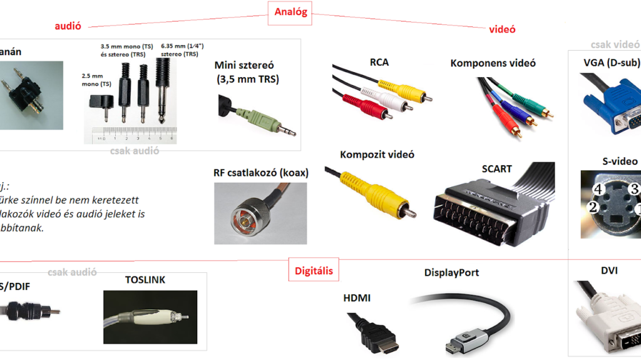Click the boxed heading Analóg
point(290,13)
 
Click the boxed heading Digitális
point(314,271)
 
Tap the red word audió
point(68,26)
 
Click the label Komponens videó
point(493,63)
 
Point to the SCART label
point(496,169)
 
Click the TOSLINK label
point(145,280)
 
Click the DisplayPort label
point(451,273)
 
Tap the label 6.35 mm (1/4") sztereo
point(182,50)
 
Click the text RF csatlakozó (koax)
point(261,173)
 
